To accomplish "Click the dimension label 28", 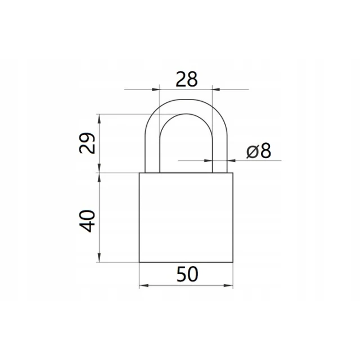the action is coord(186,79).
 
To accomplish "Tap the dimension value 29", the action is coord(87,143).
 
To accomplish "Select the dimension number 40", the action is coord(87,221).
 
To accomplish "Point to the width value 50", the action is coord(187,274).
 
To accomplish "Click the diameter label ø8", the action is coord(259,151).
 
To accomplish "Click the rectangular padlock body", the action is coord(186,217).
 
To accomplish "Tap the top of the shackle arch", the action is coord(186,106).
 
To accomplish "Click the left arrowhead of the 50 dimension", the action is coord(143,286).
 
